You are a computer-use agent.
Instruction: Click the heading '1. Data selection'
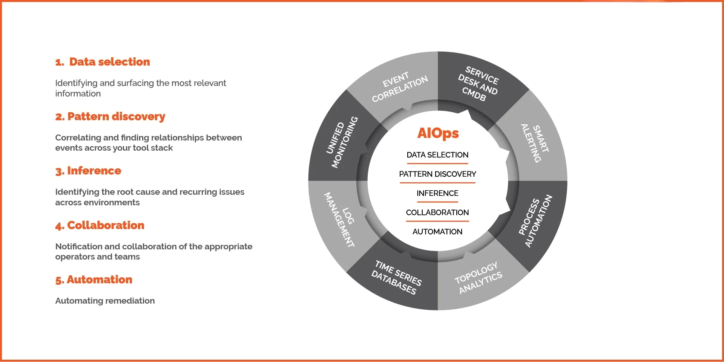[x=103, y=62]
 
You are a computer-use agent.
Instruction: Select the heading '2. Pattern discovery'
[x=110, y=116]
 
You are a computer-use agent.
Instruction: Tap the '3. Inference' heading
[x=88, y=171]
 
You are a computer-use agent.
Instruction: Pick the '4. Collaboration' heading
[x=100, y=225]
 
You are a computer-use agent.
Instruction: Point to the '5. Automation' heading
[x=94, y=280]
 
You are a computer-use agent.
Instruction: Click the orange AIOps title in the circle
[x=438, y=133]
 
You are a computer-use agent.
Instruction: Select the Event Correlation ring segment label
[x=399, y=87]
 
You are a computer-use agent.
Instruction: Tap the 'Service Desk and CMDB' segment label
[x=478, y=84]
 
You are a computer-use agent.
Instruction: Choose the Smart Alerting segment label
[x=535, y=143]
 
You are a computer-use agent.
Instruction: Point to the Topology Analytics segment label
[x=478, y=278]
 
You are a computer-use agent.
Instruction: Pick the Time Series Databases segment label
[x=397, y=277]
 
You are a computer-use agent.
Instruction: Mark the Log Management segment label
[x=340, y=219]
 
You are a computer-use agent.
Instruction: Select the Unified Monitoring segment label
[x=342, y=142]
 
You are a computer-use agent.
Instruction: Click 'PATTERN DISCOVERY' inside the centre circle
[x=437, y=174]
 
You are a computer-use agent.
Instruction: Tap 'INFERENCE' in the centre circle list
[x=437, y=193]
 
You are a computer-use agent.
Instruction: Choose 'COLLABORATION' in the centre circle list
[x=437, y=212]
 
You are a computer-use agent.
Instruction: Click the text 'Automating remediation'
[x=105, y=301]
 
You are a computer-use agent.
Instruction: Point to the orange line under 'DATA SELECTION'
[x=437, y=163]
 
